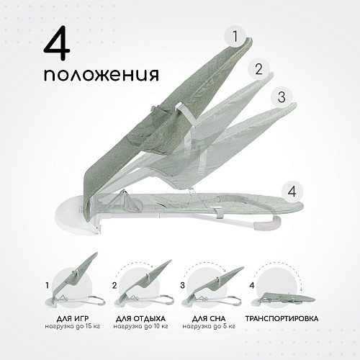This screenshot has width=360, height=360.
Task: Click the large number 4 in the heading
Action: point(57,42)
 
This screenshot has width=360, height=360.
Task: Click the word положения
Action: point(102,74)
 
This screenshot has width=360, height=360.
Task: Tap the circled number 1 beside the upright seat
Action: point(235,36)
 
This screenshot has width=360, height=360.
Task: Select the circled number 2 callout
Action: point(258,69)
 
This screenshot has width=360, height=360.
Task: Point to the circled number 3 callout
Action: point(282,96)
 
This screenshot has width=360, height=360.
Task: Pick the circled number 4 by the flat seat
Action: point(292,192)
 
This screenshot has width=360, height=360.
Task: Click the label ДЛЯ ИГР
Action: point(73,319)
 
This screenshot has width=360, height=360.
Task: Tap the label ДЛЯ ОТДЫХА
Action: point(140,319)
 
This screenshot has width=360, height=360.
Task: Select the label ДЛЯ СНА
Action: point(209,319)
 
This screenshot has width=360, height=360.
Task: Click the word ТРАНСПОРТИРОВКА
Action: point(282,319)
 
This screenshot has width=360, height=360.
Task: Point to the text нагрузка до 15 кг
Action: point(73,327)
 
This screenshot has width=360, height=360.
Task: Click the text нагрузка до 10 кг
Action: point(140,327)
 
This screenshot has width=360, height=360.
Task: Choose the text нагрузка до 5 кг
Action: point(209,327)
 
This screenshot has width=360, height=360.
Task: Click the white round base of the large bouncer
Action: point(72,215)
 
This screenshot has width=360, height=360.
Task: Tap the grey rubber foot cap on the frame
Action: point(269,222)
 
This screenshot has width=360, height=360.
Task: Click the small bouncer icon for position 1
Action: point(75,280)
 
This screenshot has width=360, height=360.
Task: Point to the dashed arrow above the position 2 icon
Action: point(134,264)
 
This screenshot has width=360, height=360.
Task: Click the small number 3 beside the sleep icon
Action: point(183,285)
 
